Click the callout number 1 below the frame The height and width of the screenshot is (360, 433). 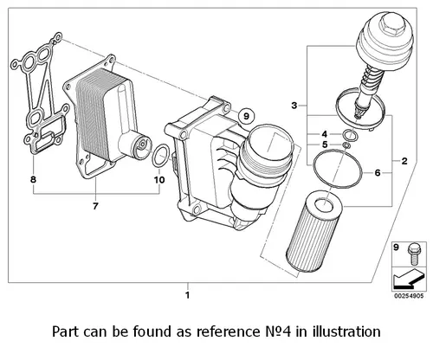pyautogui.click(x=188, y=295)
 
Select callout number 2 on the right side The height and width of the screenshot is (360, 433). pyautogui.click(x=404, y=161)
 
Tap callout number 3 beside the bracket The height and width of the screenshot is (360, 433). pyautogui.click(x=294, y=106)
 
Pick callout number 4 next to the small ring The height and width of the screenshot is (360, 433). pyautogui.click(x=325, y=134)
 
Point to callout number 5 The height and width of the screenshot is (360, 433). pyautogui.click(x=325, y=145)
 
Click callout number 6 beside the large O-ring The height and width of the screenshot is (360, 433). pyautogui.click(x=378, y=172)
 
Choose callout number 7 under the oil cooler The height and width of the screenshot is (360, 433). pyautogui.click(x=95, y=206)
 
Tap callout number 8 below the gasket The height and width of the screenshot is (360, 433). pyautogui.click(x=34, y=179)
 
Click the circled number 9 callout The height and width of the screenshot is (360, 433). pyautogui.click(x=246, y=116)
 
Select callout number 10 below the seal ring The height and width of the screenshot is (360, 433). pyautogui.click(x=159, y=180)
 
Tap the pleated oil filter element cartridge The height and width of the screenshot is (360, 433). pyautogui.click(x=314, y=233)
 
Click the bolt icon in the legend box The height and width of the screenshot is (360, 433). pyautogui.click(x=414, y=254)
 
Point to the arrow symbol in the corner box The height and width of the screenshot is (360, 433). pyautogui.click(x=408, y=279)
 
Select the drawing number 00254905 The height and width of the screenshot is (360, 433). pyautogui.click(x=409, y=296)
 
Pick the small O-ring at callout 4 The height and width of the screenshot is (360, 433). pyautogui.click(x=349, y=135)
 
